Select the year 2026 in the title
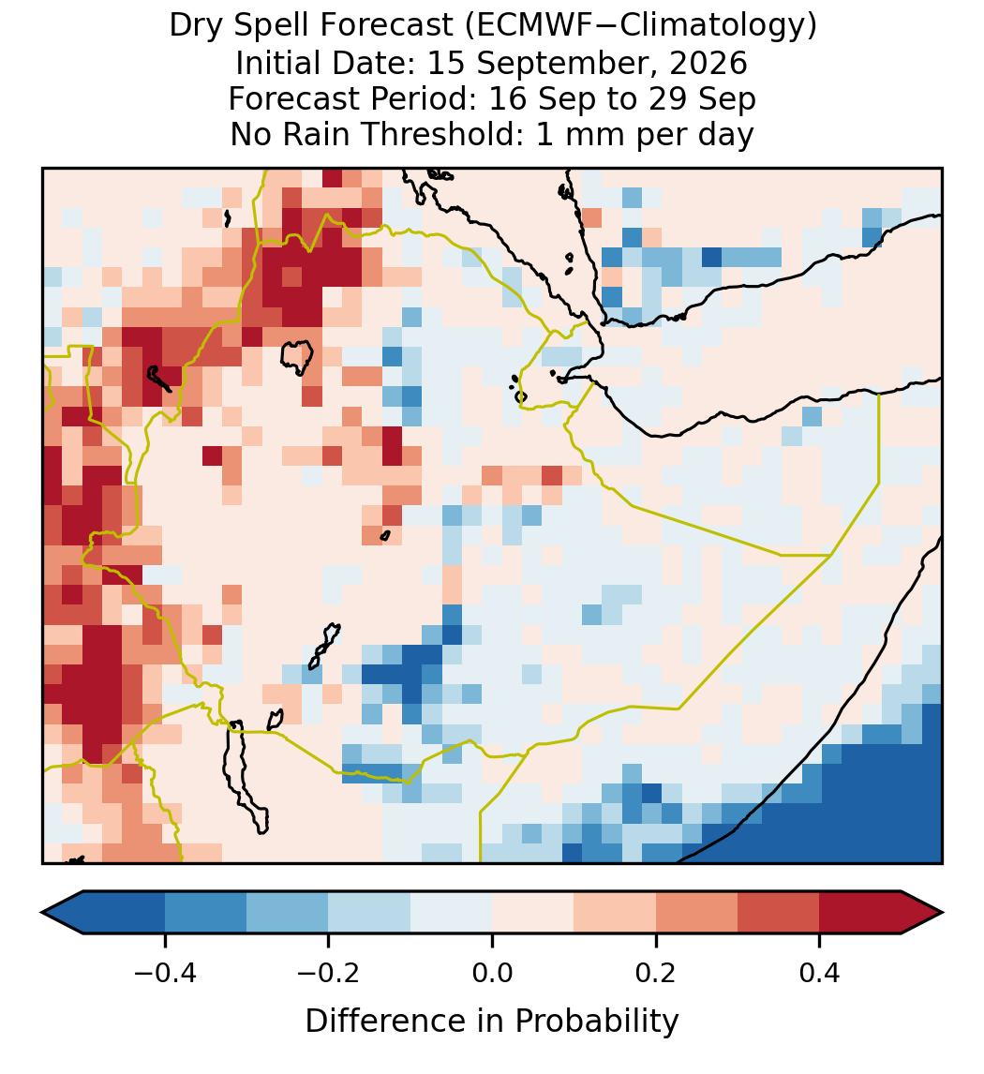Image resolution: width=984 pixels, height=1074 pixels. pyautogui.click(x=708, y=63)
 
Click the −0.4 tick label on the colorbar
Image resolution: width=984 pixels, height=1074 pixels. pyautogui.click(x=164, y=973)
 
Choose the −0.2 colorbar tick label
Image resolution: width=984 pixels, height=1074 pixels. pyautogui.click(x=328, y=973)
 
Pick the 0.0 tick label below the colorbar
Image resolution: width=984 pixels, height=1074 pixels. pyautogui.click(x=492, y=973)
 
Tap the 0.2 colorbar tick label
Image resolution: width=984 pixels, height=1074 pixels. pyautogui.click(x=656, y=973)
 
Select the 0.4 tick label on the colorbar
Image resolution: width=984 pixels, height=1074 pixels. pyautogui.click(x=820, y=973)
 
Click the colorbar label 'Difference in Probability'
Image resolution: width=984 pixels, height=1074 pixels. pyautogui.click(x=492, y=1021)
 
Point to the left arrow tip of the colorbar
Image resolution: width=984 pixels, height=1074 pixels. pyautogui.click(x=42, y=913)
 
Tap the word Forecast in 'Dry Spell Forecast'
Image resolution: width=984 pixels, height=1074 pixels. pyautogui.click(x=387, y=26)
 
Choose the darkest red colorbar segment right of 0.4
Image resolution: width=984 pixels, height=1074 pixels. pyautogui.click(x=860, y=913)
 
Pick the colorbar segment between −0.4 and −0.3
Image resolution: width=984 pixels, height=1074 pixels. pyautogui.click(x=205, y=913)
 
